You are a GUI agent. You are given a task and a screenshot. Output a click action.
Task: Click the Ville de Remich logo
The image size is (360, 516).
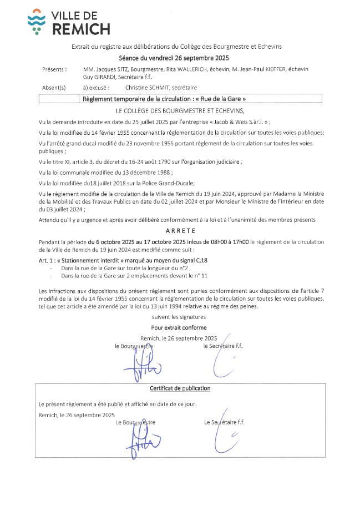pos(68,22)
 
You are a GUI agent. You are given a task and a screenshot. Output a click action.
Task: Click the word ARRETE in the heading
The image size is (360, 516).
pos(180,231)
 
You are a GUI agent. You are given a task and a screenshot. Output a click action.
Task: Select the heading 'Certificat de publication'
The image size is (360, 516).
pos(180,388)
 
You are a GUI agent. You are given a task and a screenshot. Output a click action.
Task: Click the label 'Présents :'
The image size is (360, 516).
pos(54,69)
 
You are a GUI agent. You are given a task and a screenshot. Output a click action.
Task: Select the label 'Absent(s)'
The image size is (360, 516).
pos(54,88)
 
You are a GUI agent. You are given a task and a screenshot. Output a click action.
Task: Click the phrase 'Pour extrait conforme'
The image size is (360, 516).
pos(179,327)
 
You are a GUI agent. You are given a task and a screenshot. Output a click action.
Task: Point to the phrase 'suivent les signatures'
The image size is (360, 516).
pos(179,317)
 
